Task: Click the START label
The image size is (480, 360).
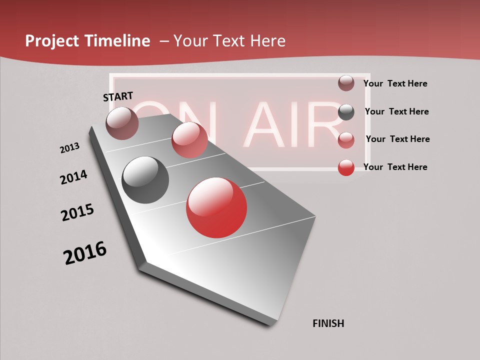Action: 118,96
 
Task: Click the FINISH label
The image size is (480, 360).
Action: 328,323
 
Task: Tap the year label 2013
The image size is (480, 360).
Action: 69,148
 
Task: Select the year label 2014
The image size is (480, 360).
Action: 73,177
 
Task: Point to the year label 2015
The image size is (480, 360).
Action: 77,212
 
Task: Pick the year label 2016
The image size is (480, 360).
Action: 85,253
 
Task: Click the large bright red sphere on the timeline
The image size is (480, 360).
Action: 216,207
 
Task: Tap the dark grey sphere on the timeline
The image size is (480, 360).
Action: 145,180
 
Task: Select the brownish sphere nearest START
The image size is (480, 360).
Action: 122,123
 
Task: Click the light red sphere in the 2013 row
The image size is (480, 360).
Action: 189,140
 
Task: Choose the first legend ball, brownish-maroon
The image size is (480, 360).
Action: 346,83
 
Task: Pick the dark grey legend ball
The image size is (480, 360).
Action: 346,112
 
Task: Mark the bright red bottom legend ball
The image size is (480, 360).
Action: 346,167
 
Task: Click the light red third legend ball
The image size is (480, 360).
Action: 346,140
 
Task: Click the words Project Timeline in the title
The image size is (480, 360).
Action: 87,41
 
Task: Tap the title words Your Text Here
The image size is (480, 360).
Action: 229,41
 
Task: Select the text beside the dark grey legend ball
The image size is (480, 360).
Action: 396,111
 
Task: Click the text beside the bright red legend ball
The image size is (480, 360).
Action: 395,167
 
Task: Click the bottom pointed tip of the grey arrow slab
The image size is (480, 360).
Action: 272,324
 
